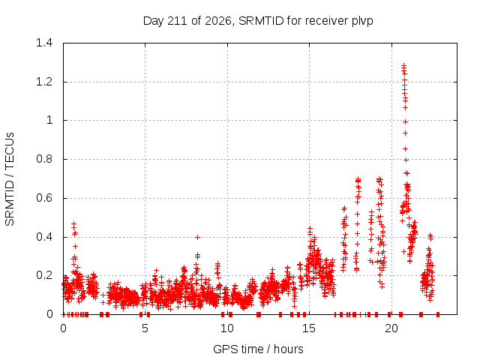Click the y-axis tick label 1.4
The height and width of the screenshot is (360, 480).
(x=44, y=43)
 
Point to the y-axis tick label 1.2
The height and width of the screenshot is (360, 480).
(x=44, y=82)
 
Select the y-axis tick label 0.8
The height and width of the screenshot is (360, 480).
(x=44, y=159)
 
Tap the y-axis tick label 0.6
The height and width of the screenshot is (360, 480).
(x=44, y=198)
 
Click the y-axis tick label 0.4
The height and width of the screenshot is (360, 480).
(x=44, y=237)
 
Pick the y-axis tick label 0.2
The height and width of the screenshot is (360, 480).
(x=44, y=275)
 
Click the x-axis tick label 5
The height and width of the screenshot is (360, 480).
(x=145, y=328)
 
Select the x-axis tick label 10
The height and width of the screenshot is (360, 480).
(x=227, y=328)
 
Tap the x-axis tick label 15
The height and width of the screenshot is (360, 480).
(x=309, y=328)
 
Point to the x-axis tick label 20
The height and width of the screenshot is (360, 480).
(x=391, y=328)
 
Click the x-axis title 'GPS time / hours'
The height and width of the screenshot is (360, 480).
(x=258, y=349)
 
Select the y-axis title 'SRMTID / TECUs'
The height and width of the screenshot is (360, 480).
(x=10, y=179)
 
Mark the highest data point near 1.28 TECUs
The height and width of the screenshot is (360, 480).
(x=403, y=65)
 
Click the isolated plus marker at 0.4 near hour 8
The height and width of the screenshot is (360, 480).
(x=198, y=237)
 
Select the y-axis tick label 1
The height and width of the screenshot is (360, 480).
(x=49, y=120)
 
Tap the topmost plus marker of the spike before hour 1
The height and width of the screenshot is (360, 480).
(x=73, y=224)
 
